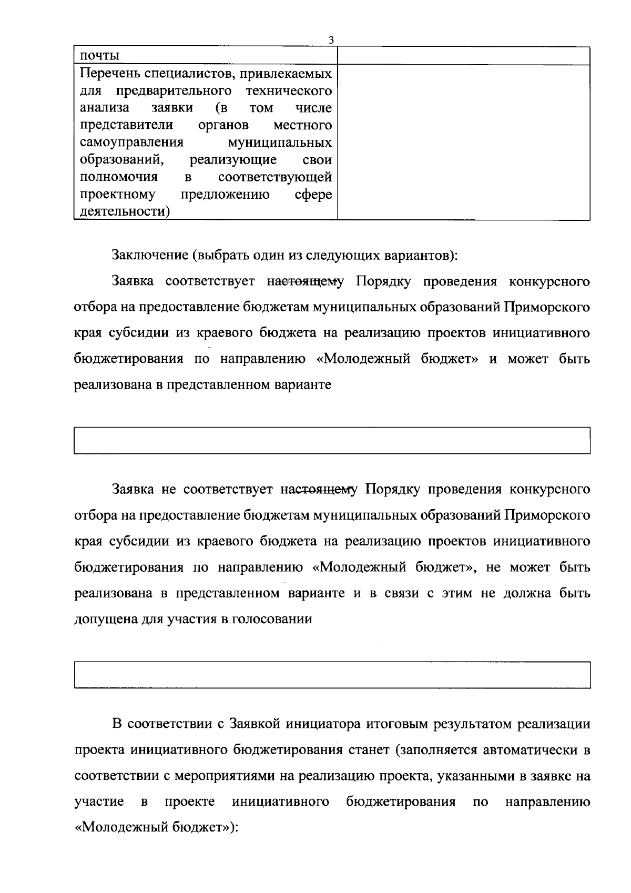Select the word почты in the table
tap(99, 56)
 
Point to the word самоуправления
tap(131, 143)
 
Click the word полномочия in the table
tap(119, 177)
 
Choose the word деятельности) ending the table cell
tap(125, 212)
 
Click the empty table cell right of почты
tap(463, 56)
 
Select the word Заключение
tap(150, 256)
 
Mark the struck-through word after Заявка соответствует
tap(306, 281)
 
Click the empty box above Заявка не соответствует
tap(332, 441)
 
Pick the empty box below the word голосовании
tap(332, 675)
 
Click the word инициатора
tap(321, 724)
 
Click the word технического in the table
tap(289, 91)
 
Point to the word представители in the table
tap(127, 125)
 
